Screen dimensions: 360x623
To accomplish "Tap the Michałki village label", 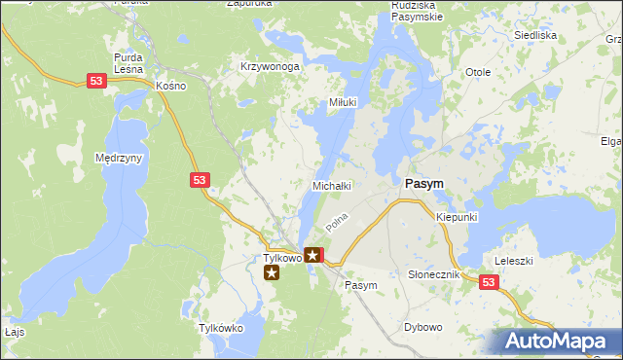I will point(330,185).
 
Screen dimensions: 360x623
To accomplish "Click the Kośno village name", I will point(170,86).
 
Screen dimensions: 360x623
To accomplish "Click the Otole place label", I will point(477,73).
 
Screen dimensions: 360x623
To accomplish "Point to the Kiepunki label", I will point(457,217).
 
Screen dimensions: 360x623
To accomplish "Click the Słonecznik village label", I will point(432,275).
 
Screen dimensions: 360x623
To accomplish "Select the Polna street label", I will point(337,223).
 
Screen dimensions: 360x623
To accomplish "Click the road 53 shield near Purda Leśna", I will point(95,83).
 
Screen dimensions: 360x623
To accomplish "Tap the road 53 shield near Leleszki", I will point(488,282).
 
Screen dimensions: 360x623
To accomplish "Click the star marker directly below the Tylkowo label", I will point(273,272).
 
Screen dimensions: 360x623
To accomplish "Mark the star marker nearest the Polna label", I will point(312,256).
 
